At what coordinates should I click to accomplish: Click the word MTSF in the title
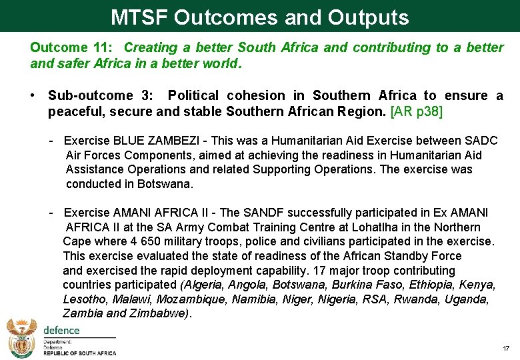click(x=139, y=17)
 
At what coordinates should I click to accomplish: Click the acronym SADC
click(x=481, y=141)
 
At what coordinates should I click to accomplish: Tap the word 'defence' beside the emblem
click(x=61, y=330)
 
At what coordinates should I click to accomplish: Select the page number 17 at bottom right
click(x=506, y=349)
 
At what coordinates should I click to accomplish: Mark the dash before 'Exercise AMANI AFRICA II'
click(x=51, y=213)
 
